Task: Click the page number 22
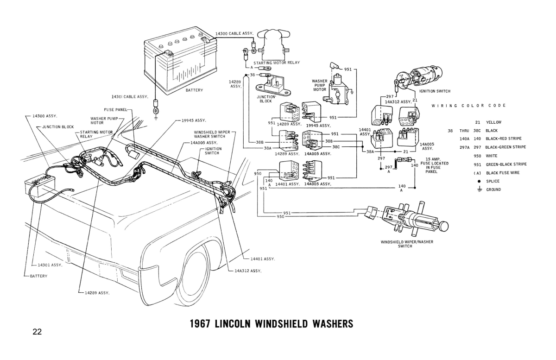pyautogui.click(x=38, y=331)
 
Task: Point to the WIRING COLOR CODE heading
pyautogui.click(x=468, y=106)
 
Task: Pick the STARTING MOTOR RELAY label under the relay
pyautogui.click(x=277, y=62)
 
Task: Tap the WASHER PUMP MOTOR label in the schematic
pyautogui.click(x=320, y=86)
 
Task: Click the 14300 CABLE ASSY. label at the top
pyautogui.click(x=234, y=34)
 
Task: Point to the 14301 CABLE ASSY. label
pyautogui.click(x=129, y=97)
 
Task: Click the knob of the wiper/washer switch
pyautogui.click(x=443, y=227)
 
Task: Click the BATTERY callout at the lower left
pyautogui.click(x=38, y=276)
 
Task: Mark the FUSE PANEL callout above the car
pyautogui.click(x=115, y=110)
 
